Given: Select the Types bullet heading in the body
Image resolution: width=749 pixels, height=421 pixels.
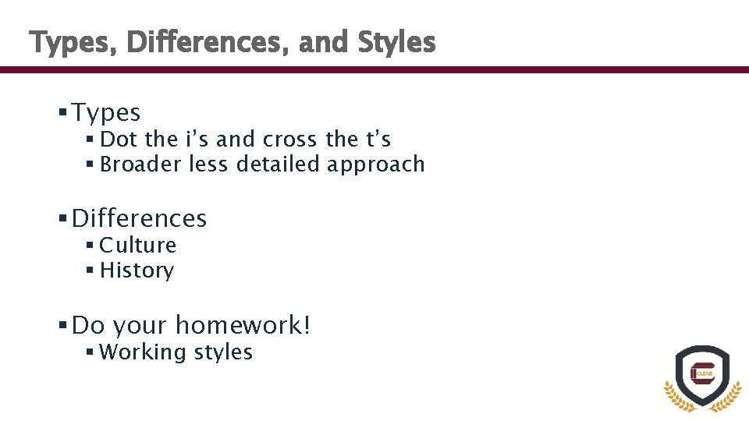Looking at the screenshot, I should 106,113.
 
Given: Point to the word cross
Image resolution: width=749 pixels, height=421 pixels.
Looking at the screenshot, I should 290,140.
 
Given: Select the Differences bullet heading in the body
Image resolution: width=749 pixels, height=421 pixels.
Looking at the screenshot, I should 139,218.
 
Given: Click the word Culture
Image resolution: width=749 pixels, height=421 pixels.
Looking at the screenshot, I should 138,245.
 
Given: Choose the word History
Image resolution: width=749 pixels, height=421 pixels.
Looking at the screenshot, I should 137,271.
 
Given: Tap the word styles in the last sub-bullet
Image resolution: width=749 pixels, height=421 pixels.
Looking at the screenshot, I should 224,352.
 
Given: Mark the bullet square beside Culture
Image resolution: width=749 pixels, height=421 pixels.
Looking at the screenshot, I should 91,245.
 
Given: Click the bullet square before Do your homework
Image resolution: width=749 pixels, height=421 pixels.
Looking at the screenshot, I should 62,324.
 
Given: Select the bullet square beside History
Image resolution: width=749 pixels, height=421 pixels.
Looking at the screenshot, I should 91,271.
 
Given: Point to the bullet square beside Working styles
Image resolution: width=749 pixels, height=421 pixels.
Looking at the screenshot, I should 91,352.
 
